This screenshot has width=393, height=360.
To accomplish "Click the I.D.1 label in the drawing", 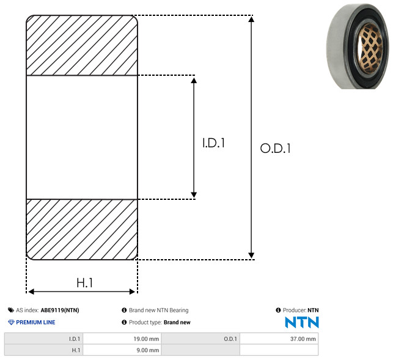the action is [x=213, y=143].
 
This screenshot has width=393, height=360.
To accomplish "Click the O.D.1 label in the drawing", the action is [x=276, y=148].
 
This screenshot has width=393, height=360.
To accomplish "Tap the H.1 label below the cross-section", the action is [x=85, y=283].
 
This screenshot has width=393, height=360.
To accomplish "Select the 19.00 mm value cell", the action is [x=122, y=339].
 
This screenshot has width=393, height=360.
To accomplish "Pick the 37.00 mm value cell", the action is [x=279, y=339].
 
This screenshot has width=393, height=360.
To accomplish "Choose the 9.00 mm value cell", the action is [x=122, y=350].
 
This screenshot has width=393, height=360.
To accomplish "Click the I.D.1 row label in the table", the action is [x=43, y=339].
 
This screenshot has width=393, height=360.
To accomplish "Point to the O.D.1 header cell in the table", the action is [x=200, y=339].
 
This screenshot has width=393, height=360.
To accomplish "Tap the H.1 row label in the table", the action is [x=43, y=350].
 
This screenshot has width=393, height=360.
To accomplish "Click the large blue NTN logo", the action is [x=302, y=322].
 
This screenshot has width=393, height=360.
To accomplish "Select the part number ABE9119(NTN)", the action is [x=60, y=310].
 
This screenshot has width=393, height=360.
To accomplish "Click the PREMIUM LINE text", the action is [x=35, y=322].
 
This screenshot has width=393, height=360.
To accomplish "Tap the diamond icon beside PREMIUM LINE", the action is [x=11, y=322].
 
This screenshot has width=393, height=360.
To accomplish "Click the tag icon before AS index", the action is [x=11, y=310].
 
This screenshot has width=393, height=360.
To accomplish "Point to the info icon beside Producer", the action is [x=278, y=310].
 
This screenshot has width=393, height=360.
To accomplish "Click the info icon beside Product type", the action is [x=124, y=322].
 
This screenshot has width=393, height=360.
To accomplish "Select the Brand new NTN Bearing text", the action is [x=159, y=310].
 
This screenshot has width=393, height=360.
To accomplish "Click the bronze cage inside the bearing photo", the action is [x=370, y=48].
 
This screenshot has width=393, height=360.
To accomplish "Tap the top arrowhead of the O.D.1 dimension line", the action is [x=251, y=19].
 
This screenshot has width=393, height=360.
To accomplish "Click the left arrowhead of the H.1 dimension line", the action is [x=31, y=292].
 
